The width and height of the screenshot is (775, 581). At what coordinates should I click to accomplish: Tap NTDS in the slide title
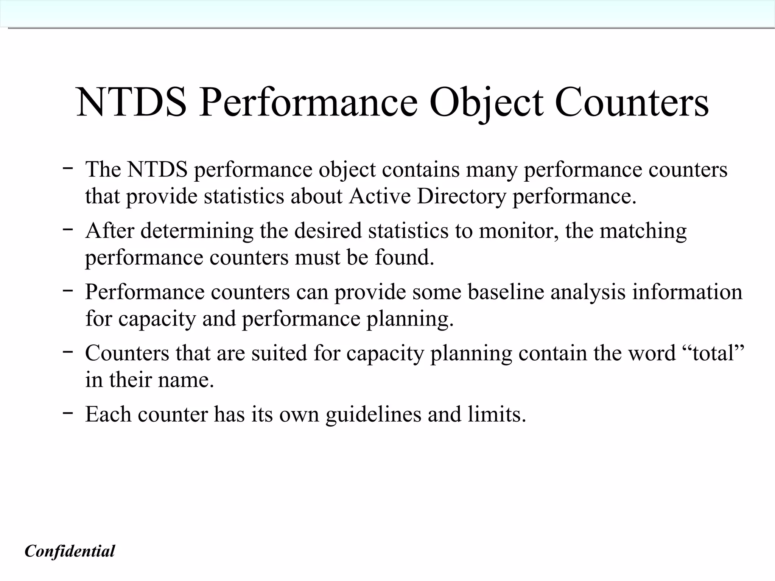[x=131, y=102]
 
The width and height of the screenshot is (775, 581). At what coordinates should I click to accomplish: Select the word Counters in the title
[x=631, y=102]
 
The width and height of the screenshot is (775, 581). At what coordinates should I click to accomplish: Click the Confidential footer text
[x=70, y=551]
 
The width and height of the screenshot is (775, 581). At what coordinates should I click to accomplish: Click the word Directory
[x=461, y=196]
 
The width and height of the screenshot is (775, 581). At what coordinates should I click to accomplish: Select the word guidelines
[x=373, y=414]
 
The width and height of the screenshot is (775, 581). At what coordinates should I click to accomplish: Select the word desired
[x=328, y=231]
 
